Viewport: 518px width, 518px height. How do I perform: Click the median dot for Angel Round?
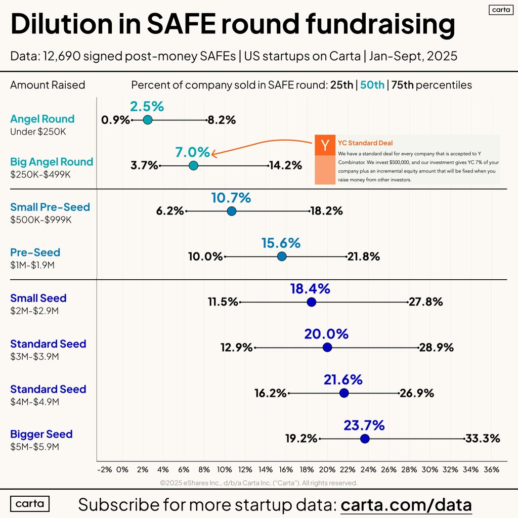pyautogui.click(x=148, y=120)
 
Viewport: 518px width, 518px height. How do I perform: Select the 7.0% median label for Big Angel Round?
pyautogui.click(x=192, y=152)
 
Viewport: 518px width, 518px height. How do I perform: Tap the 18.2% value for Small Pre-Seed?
pyautogui.click(x=326, y=211)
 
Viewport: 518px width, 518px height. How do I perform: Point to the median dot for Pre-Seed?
pyautogui.click(x=282, y=256)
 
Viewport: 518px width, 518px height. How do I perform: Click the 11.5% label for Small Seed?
pyautogui.click(x=223, y=302)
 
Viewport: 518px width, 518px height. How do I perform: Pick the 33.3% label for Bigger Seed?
pyautogui.click(x=483, y=438)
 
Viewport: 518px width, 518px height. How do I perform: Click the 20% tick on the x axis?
pyautogui.click(x=327, y=469)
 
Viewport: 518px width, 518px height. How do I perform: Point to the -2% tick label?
pyautogui.click(x=104, y=469)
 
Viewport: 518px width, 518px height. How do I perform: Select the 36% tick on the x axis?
pyautogui.click(x=491, y=469)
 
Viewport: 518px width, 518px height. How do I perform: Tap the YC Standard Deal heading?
pyautogui.click(x=365, y=143)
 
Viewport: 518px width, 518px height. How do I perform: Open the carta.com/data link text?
pyautogui.click(x=406, y=504)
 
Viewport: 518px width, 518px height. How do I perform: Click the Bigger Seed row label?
pyautogui.click(x=41, y=434)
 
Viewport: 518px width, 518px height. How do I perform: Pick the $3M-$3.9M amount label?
pyautogui.click(x=34, y=357)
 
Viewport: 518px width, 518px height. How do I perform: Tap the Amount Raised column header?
pyautogui.click(x=48, y=85)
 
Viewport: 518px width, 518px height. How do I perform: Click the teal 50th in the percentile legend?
pyautogui.click(x=372, y=85)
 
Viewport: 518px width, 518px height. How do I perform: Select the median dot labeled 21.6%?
pyautogui.click(x=344, y=393)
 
